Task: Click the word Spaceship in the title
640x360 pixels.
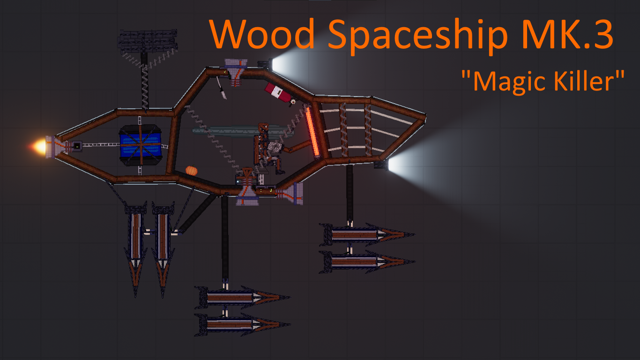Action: (x=417, y=36)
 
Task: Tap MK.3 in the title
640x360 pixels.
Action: (x=567, y=34)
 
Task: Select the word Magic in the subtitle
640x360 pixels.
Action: (x=510, y=82)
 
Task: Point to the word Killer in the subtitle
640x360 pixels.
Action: (x=585, y=81)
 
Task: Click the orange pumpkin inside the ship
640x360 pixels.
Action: (x=192, y=170)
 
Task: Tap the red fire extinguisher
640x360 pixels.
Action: (x=279, y=93)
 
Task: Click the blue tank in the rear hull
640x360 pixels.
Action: (x=140, y=145)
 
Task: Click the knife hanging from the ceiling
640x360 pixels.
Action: (x=221, y=88)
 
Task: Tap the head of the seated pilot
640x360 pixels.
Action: (x=263, y=127)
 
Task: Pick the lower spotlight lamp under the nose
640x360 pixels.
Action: (x=382, y=165)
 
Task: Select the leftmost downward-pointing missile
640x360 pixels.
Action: (x=135, y=249)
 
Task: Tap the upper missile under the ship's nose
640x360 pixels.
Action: (x=367, y=234)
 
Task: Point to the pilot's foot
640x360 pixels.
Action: (x=280, y=172)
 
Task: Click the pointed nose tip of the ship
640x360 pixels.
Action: (x=425, y=116)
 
